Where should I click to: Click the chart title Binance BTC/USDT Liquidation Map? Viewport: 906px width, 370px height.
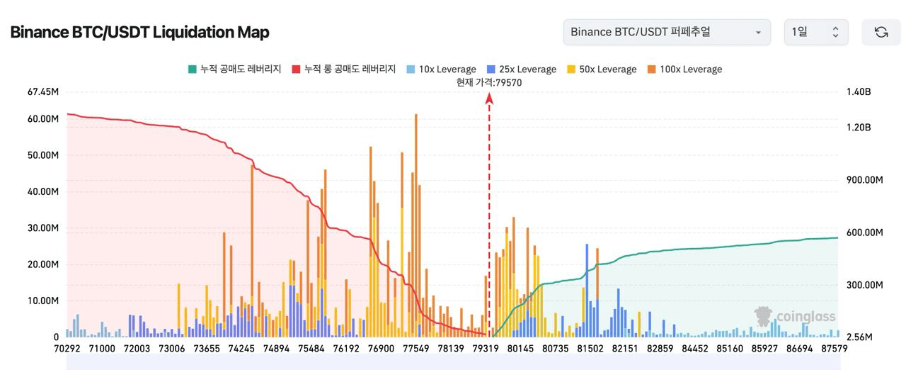pyautogui.click(x=139, y=33)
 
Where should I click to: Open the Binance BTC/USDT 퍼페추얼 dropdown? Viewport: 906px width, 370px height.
pyautogui.click(x=666, y=32)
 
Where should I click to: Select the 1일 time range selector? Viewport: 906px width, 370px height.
pyautogui.click(x=815, y=32)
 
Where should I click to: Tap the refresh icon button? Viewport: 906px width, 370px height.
pyautogui.click(x=881, y=32)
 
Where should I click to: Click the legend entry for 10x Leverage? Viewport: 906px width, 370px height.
pyautogui.click(x=441, y=69)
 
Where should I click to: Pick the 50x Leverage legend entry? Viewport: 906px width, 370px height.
pyautogui.click(x=601, y=69)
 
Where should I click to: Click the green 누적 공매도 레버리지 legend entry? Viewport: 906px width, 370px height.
pyautogui.click(x=234, y=69)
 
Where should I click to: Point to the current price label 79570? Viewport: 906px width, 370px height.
pyautogui.click(x=489, y=82)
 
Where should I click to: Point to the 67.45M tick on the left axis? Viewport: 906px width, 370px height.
pyautogui.click(x=42, y=91)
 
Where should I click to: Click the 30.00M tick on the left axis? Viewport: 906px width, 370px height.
pyautogui.click(x=42, y=228)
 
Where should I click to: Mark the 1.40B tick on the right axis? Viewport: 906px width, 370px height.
pyautogui.click(x=859, y=92)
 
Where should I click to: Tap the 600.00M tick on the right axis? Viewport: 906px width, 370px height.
pyautogui.click(x=864, y=232)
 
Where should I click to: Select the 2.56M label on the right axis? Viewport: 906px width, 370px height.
pyautogui.click(x=860, y=337)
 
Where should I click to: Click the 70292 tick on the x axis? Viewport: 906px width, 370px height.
pyautogui.click(x=67, y=349)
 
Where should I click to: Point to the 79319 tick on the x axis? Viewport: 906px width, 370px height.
pyautogui.click(x=486, y=349)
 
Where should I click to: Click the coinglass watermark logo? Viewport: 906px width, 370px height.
pyautogui.click(x=796, y=317)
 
